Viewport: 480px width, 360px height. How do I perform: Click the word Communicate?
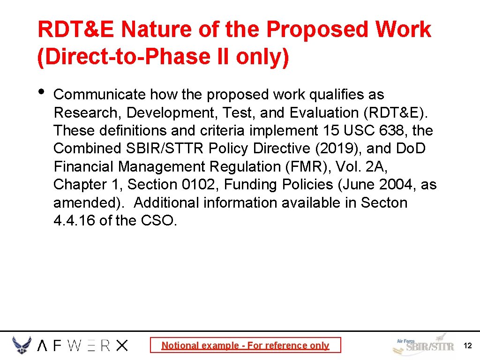tap(100, 95)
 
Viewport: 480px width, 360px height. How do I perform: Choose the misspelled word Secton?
tap(384, 203)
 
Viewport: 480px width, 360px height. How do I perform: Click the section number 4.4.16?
tap(75, 221)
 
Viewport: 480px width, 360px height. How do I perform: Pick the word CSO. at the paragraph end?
tap(159, 221)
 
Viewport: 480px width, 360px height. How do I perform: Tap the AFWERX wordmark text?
tap(82, 346)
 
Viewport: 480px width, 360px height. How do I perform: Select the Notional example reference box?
tap(245, 345)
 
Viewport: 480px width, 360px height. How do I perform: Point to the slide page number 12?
tap(467, 346)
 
